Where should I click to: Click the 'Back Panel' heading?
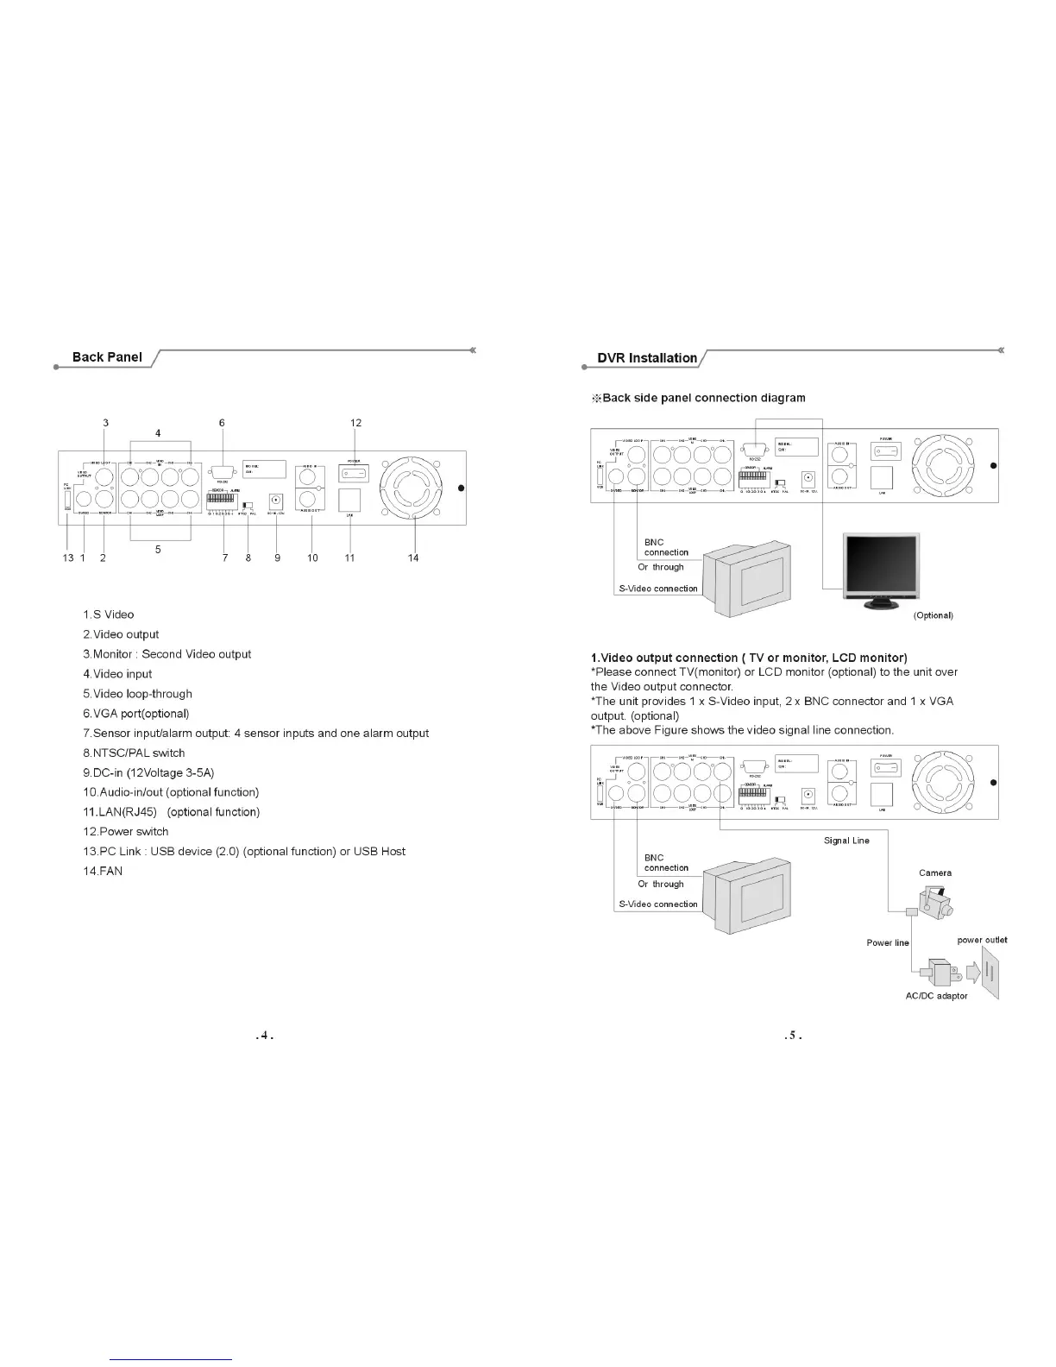point(107,357)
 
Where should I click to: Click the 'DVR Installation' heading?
point(647,358)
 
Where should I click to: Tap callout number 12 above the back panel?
point(356,423)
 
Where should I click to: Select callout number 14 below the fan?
point(413,558)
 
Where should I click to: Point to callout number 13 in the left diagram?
point(67,558)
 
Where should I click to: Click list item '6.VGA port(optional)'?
point(135,714)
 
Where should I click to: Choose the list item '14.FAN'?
point(103,872)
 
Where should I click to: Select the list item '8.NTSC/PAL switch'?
point(134,753)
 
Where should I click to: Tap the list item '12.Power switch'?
point(126,832)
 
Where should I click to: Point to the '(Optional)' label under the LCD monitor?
point(933,615)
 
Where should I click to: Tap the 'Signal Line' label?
point(846,841)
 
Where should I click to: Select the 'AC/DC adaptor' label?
point(936,996)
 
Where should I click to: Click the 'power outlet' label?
point(982,940)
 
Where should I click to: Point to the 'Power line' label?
point(888,942)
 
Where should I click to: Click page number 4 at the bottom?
point(266,1036)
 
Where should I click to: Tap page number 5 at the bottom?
point(794,1036)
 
